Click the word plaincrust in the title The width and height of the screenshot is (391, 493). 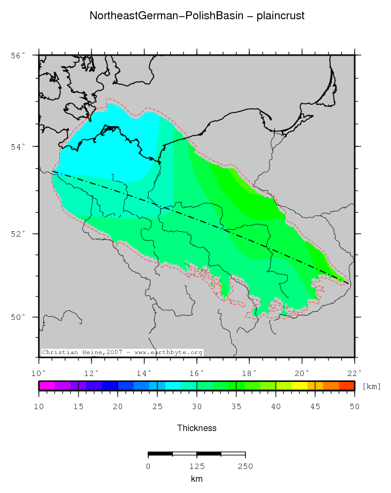(x=280, y=16)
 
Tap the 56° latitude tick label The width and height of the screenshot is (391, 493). (x=18, y=56)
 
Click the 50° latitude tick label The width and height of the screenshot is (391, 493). (x=18, y=317)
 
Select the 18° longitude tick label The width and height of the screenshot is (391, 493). (x=249, y=372)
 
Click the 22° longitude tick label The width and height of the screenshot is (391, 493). (x=354, y=372)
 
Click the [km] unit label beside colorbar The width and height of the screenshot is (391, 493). (x=372, y=386)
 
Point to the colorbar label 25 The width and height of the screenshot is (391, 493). (x=157, y=407)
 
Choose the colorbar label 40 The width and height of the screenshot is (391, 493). (x=275, y=407)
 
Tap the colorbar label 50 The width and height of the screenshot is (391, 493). (x=354, y=407)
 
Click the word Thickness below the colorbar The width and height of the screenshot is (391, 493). (x=197, y=428)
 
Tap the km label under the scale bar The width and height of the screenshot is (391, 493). (x=197, y=479)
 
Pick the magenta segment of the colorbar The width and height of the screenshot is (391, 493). (x=47, y=386)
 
